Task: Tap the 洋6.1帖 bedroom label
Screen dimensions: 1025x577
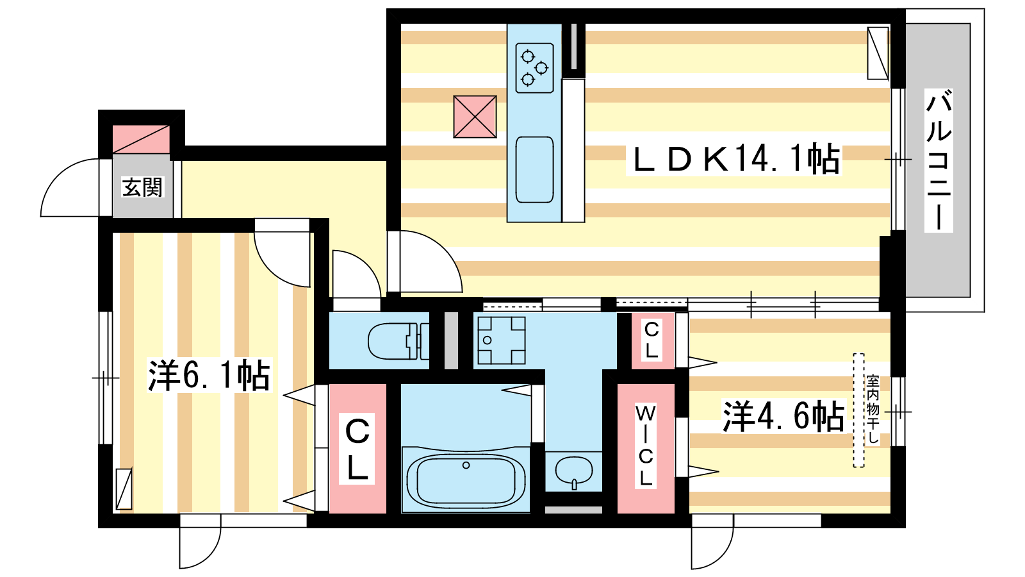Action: click(209, 376)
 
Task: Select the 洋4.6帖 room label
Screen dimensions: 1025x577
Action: click(783, 416)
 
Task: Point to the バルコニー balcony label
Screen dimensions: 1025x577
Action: click(939, 160)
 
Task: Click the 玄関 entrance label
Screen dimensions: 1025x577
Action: click(142, 187)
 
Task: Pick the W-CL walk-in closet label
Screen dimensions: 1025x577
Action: click(645, 445)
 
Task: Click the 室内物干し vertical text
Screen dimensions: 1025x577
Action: click(873, 410)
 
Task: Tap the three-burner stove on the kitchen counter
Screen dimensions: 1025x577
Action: click(534, 68)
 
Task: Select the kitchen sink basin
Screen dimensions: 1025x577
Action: click(534, 169)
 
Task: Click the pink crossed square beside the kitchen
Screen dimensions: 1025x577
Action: click(475, 116)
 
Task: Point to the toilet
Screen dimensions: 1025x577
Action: click(398, 341)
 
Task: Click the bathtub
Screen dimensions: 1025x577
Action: click(466, 479)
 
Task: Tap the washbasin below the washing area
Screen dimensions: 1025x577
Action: click(574, 472)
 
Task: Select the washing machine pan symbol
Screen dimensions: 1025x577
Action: click(502, 340)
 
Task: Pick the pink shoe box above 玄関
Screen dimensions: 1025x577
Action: click(141, 139)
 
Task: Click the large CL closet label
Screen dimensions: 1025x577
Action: click(357, 449)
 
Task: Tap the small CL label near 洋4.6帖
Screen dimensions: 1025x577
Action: click(652, 340)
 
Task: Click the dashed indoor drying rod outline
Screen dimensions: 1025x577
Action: click(858, 410)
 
